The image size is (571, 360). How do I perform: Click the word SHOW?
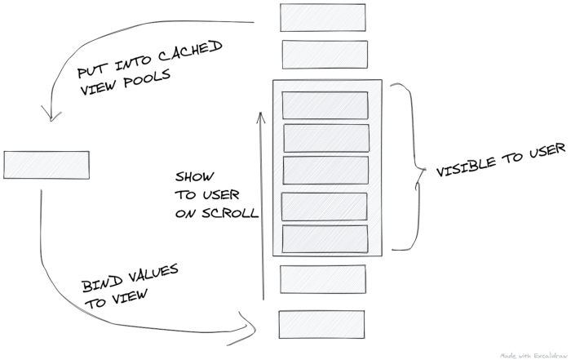pyautogui.click(x=193, y=177)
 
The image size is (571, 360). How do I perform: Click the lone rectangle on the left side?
pyautogui.click(x=46, y=165)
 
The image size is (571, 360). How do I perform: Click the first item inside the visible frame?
pyautogui.click(x=325, y=105)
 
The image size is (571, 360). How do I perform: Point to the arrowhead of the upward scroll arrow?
pyautogui.click(x=261, y=116)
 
